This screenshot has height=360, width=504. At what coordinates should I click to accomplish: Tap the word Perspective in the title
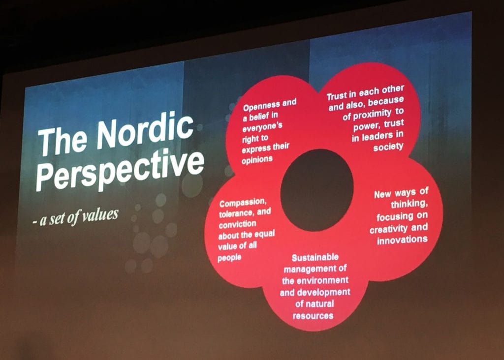pyautogui.click(x=120, y=171)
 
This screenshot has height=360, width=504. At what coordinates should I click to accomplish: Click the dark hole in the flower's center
pyautogui.click(x=317, y=190)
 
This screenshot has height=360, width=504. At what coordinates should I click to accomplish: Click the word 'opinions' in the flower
pyautogui.click(x=257, y=160)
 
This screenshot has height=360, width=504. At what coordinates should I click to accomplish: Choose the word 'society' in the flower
pyautogui.click(x=388, y=147)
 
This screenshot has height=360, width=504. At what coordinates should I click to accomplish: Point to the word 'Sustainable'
pyautogui.click(x=315, y=258)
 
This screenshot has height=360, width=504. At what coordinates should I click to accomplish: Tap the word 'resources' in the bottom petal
pyautogui.click(x=313, y=316)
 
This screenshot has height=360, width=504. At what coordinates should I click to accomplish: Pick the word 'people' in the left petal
pyautogui.click(x=229, y=258)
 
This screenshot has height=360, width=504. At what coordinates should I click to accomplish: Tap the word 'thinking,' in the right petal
pyautogui.click(x=409, y=204)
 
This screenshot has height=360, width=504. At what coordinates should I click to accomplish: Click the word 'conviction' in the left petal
pyautogui.click(x=238, y=224)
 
